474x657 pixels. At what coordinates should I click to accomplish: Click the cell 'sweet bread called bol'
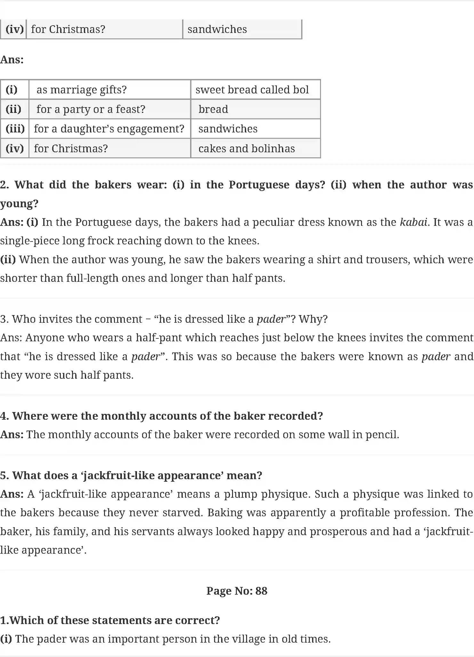[x=252, y=90]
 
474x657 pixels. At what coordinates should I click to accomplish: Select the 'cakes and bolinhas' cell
[x=246, y=149]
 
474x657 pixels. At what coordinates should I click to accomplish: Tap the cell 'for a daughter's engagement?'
[x=109, y=129]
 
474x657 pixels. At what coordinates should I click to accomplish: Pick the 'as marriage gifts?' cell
[x=82, y=90]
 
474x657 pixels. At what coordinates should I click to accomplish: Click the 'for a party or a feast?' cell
[x=91, y=109]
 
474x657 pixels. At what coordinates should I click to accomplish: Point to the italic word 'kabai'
[x=414, y=222]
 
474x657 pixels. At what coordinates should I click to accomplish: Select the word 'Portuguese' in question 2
[x=259, y=185]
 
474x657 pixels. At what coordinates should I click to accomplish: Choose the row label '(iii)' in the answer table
[x=15, y=129]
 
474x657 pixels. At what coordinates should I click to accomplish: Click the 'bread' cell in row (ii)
[x=213, y=109]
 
